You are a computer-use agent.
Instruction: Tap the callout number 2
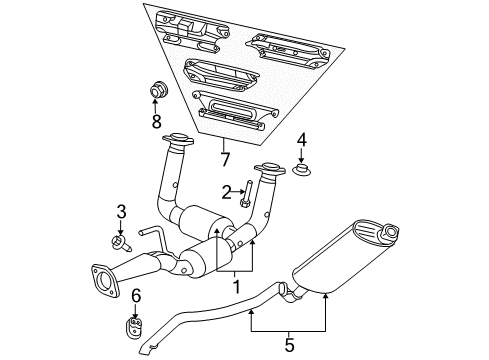[x=227, y=190]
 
